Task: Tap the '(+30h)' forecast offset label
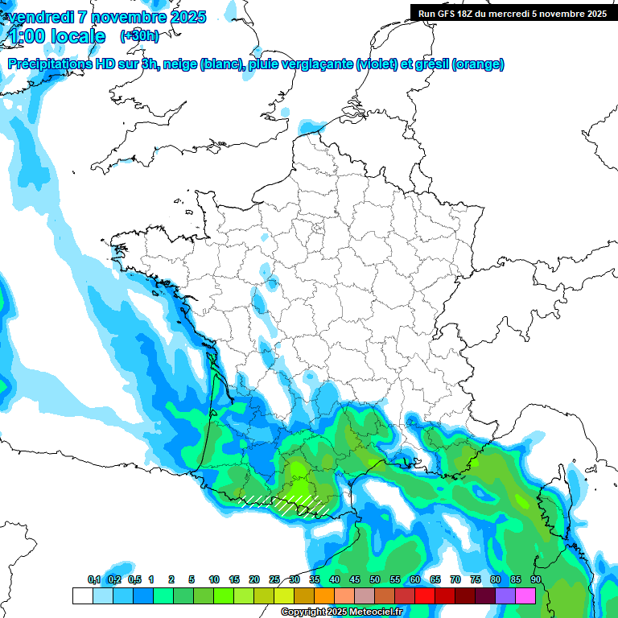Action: point(139,36)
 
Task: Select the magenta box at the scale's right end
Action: point(525,596)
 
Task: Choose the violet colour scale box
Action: point(505,596)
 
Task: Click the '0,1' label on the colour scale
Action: point(94,580)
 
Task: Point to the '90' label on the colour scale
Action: point(535,580)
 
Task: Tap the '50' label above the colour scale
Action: point(375,580)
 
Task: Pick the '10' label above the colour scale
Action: point(214,580)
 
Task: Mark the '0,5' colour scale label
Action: point(134,580)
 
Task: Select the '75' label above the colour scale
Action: point(475,580)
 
